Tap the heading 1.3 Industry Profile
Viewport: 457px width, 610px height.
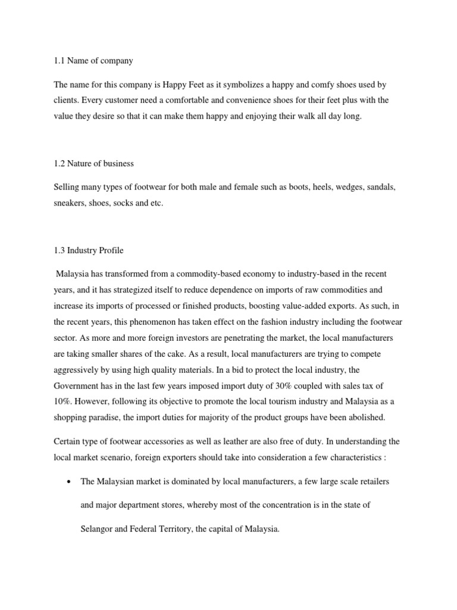click(x=89, y=250)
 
